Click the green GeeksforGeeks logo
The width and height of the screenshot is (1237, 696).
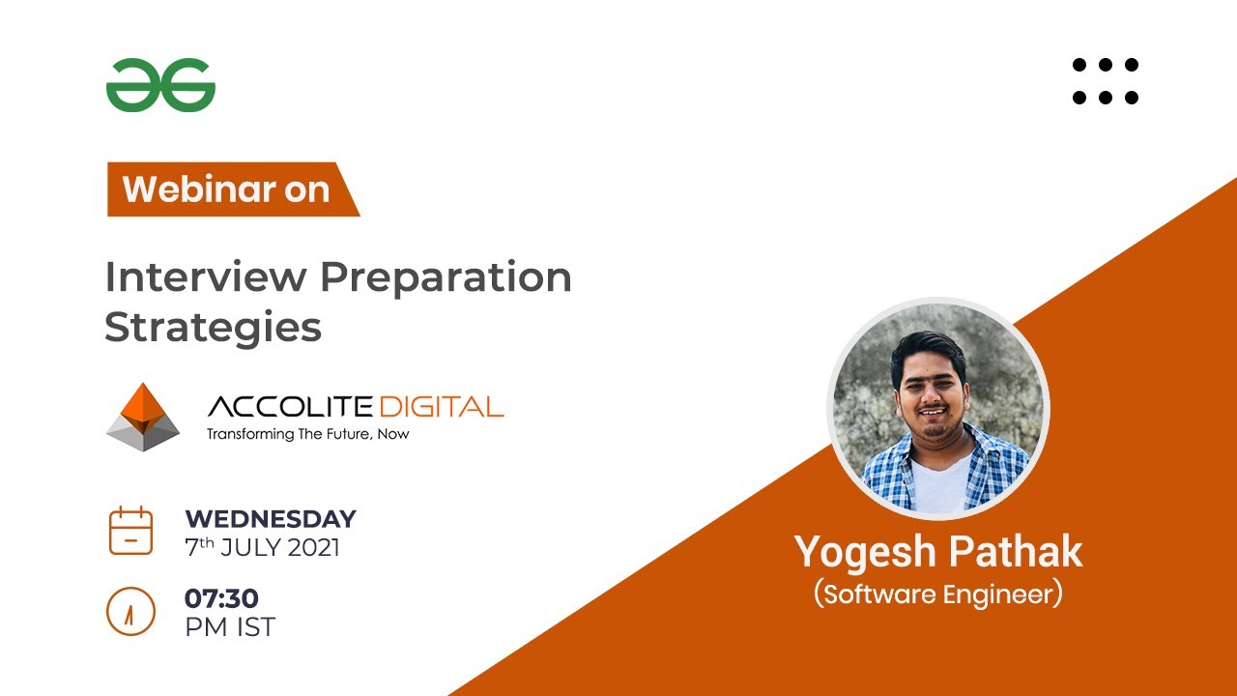coord(160,85)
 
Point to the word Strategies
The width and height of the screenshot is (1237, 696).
coord(213,328)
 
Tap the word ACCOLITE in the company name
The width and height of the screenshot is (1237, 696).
coord(291,406)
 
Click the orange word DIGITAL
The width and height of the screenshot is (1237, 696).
coord(442,406)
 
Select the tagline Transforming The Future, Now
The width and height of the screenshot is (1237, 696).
coord(307,434)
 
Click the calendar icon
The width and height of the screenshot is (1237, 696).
coord(130,530)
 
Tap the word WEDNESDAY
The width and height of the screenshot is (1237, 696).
coord(271,518)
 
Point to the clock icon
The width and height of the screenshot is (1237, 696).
coord(130,611)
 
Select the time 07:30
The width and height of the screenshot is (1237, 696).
coord(221,598)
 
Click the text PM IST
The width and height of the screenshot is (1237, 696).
coord(230,627)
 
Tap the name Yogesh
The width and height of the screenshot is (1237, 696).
coord(862,552)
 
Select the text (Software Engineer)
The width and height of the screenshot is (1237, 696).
coord(937,594)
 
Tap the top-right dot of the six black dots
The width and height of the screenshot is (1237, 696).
coord(1132,65)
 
